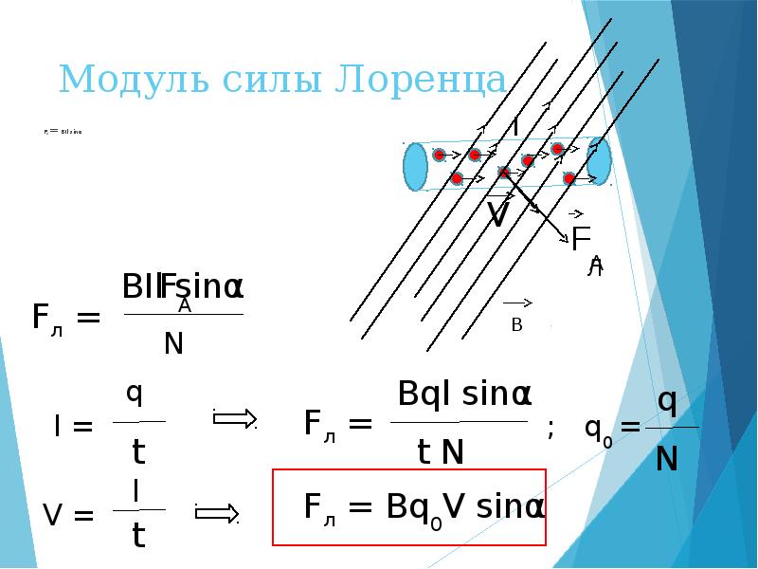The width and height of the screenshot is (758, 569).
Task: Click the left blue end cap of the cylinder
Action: point(415,167)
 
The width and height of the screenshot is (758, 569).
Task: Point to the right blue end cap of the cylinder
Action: point(599,160)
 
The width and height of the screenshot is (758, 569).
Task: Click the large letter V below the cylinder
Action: point(497,215)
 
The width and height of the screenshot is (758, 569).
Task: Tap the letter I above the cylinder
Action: point(514,127)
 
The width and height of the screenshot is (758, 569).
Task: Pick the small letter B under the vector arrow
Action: point(516,325)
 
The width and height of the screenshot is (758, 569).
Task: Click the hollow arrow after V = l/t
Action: point(217,513)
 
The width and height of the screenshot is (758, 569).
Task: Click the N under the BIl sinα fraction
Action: point(173,342)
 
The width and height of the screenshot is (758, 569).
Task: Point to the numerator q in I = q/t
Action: point(135,392)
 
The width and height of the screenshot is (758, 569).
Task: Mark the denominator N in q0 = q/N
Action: point(667,459)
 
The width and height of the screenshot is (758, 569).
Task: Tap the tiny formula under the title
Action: point(63,131)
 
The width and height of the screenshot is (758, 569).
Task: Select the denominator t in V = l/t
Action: point(138,536)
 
